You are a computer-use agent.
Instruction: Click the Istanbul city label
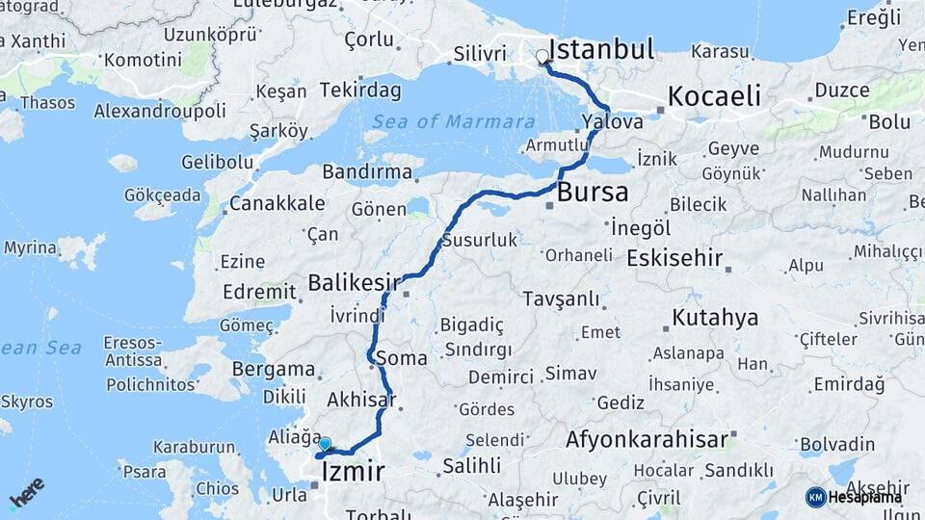[x=602, y=49]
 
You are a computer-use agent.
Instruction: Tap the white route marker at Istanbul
[x=542, y=57]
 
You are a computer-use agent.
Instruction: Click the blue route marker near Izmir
[x=325, y=444]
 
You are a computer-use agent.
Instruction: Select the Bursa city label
[x=592, y=191]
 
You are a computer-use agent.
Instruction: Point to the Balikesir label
[x=354, y=282]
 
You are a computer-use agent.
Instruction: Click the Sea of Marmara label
[x=453, y=122]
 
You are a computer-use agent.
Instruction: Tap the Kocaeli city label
[x=714, y=96]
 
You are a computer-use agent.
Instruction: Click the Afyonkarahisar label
[x=647, y=440]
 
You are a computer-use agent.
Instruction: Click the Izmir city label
[x=354, y=472]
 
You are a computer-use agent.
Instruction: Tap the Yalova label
[x=613, y=122]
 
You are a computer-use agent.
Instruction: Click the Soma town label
[x=405, y=358]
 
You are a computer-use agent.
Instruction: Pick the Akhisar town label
[x=361, y=399]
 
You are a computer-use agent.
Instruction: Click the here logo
[x=27, y=492]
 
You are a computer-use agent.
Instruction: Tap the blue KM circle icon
[x=815, y=496]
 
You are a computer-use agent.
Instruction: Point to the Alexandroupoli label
[x=159, y=111]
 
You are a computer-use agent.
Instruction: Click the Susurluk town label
[x=480, y=240]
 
